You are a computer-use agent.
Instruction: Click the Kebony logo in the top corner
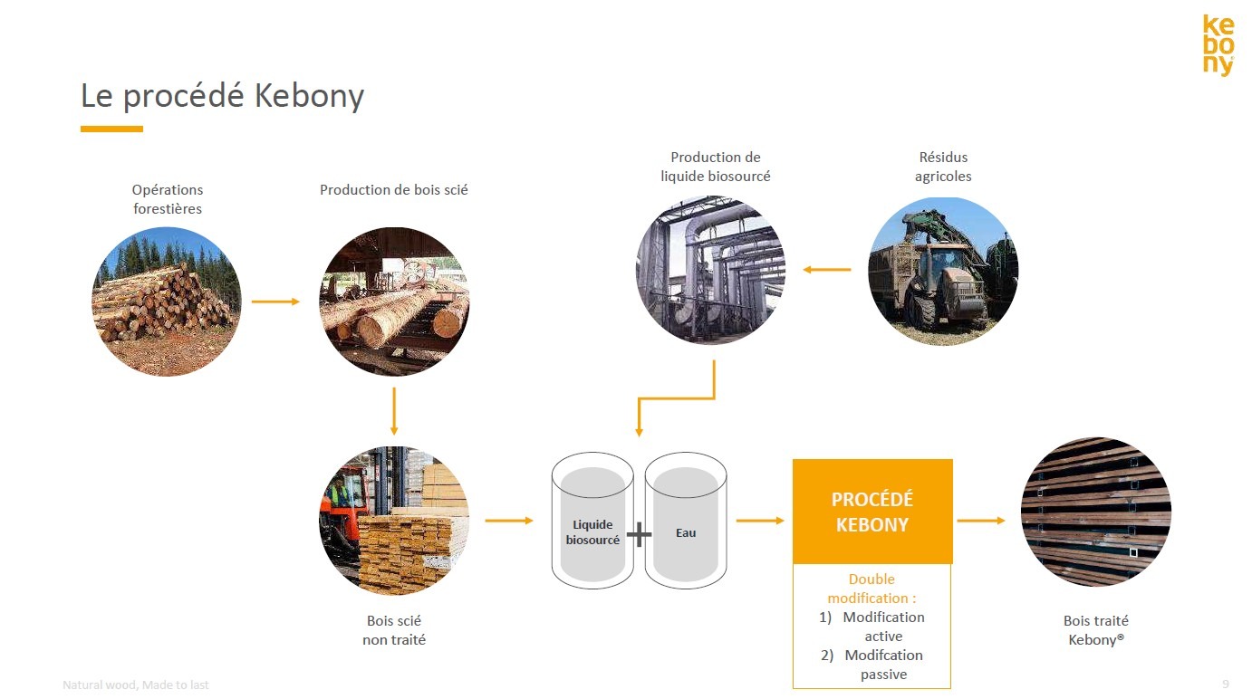[1218, 45]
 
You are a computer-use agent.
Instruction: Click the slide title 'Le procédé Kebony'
[222, 96]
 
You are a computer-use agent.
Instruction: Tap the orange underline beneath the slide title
[111, 129]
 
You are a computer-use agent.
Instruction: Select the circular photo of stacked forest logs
[167, 302]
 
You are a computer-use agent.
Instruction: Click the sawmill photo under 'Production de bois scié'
[394, 302]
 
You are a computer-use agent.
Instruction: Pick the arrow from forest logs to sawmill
[275, 302]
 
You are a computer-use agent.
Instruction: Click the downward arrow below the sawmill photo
[394, 411]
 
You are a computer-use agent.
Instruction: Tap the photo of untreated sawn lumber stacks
[394, 521]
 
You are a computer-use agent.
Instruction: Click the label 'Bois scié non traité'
[394, 630]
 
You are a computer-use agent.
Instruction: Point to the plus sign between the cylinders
[639, 534]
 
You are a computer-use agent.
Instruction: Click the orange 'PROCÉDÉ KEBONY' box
[872, 512]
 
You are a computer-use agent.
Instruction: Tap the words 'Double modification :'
[872, 589]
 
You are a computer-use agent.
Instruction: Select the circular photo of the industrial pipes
[711, 271]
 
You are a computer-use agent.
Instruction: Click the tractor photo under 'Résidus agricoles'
[943, 271]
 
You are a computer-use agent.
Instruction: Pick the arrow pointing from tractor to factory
[827, 269]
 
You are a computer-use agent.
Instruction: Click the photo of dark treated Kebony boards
[1096, 512]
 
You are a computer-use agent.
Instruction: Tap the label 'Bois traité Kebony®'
[1096, 630]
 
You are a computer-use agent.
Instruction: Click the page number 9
[1226, 684]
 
